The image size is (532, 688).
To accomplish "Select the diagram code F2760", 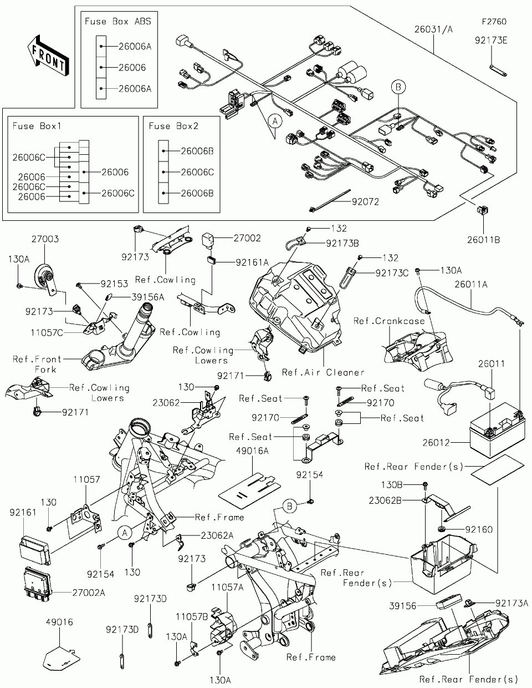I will coord(494,22).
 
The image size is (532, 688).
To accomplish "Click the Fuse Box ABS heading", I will coord(117,21).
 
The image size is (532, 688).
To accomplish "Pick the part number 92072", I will coord(365,201).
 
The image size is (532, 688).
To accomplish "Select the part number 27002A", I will coord(88,593).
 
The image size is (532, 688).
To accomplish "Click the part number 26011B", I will coord(483,240).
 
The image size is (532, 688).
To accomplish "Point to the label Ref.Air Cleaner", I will coord(323,372).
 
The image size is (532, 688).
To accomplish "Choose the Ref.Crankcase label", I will coord(389,321).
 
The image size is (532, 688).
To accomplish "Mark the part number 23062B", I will coord(401,499).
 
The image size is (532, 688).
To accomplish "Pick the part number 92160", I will coord(479,530).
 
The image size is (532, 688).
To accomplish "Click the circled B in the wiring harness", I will coord(398,87).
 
